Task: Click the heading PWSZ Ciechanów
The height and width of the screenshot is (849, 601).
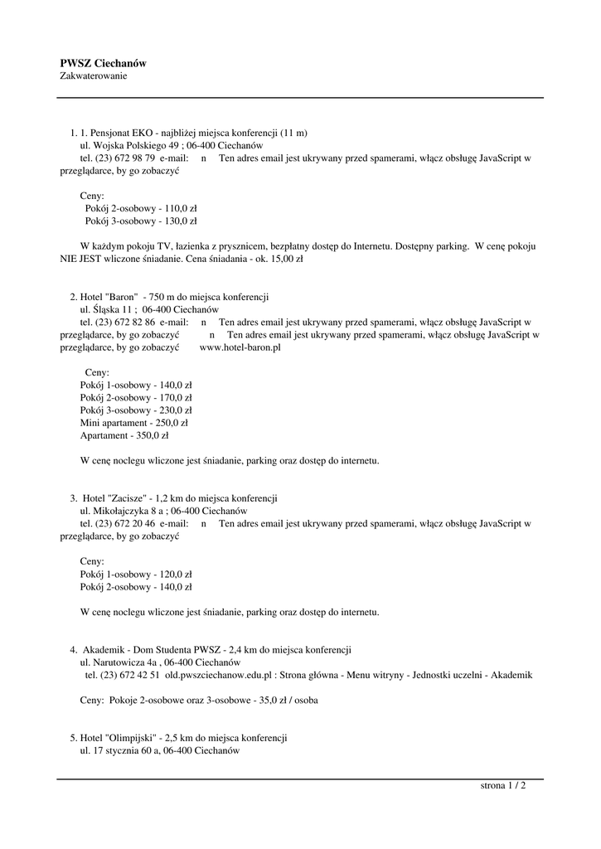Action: click(103, 63)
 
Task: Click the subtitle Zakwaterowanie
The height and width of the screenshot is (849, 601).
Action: click(94, 76)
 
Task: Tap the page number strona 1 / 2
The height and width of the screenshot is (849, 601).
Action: click(503, 786)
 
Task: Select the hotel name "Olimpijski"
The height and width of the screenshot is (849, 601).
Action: click(133, 737)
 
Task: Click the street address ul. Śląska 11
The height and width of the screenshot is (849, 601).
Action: click(107, 309)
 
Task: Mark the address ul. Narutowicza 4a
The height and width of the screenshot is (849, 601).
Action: click(118, 662)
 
